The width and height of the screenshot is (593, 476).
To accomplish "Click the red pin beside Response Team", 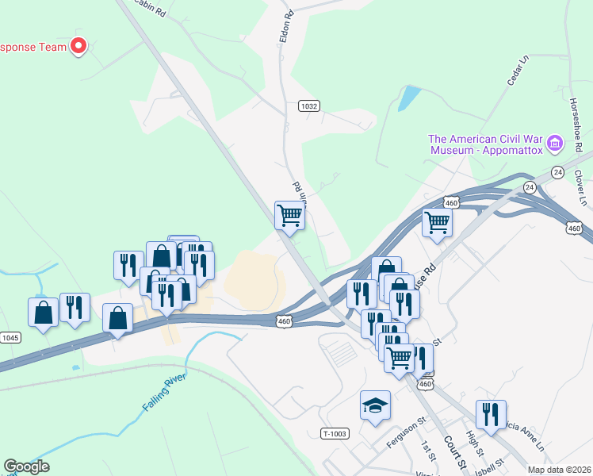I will tap(78, 46).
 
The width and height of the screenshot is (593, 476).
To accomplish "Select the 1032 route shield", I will tap(309, 106).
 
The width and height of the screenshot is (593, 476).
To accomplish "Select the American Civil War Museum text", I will tap(485, 143).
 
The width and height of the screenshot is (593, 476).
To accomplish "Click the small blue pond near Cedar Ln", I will tap(408, 98).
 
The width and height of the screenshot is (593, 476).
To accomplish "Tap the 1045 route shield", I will tap(9, 337).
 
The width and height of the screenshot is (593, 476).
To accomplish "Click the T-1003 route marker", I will tap(335, 433).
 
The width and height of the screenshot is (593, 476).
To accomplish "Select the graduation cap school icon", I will tap(375, 405).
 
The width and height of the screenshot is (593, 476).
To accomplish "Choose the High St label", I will tap(475, 441).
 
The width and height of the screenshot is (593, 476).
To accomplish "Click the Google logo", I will tap(26, 466).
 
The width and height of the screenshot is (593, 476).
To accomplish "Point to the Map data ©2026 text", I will tap(560, 470).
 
